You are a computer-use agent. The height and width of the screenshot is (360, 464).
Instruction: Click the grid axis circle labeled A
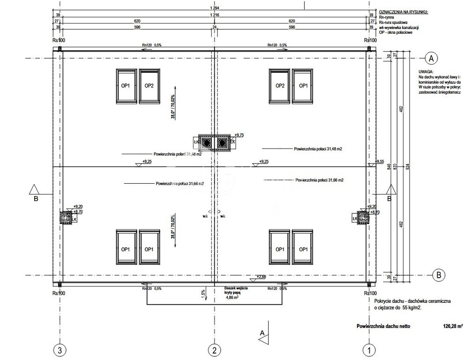coord(431,58)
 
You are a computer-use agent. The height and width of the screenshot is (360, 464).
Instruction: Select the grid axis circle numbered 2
coord(214,349)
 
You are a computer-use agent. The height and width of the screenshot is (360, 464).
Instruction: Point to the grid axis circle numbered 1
coord(369,349)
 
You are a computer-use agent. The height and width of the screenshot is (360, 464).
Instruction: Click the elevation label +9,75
coord(239,135)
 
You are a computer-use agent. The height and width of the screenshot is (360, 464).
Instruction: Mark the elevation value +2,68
coord(261,277)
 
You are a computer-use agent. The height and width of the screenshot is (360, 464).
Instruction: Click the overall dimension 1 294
coord(214,9)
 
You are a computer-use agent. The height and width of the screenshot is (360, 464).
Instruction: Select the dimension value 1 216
coord(214,15)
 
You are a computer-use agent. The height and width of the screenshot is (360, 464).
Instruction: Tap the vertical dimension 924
coord(408,166)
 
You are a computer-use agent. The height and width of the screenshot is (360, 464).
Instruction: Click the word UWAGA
coord(427,72)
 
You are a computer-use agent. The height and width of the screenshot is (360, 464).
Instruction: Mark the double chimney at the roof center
coord(214,142)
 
